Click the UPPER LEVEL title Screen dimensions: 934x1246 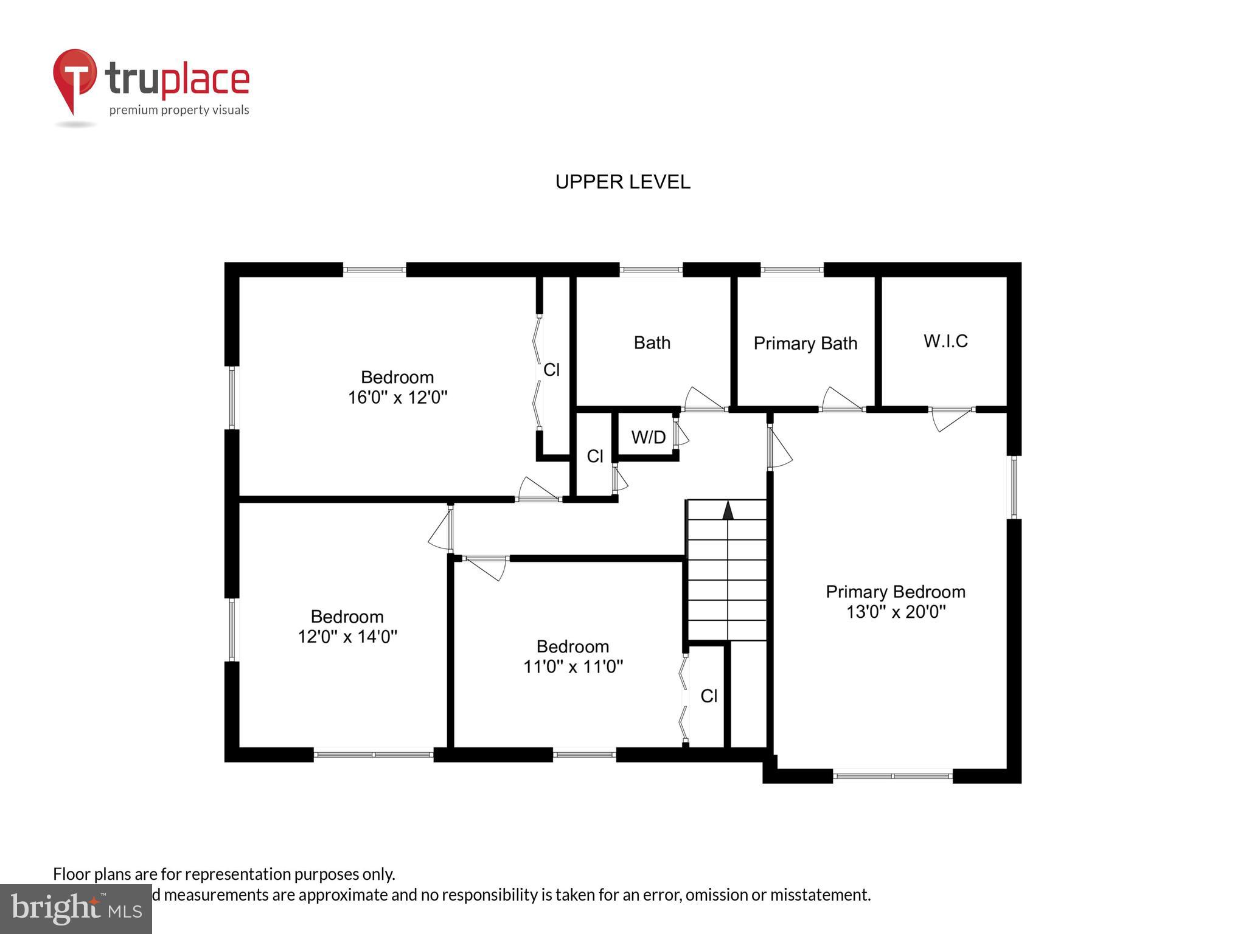[622, 182]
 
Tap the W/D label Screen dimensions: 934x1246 [649, 437]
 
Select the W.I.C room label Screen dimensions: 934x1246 [945, 341]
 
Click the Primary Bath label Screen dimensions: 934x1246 [805, 344]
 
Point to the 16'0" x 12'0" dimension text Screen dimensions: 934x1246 [397, 398]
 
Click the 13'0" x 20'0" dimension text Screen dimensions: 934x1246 [896, 612]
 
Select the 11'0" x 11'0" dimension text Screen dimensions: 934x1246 [573, 667]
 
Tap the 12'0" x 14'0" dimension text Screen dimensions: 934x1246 [347, 637]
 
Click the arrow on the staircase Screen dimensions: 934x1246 [728, 510]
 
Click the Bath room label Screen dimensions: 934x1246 [652, 343]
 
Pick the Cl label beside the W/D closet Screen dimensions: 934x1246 [594, 456]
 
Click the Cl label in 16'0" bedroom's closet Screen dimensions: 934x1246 [551, 370]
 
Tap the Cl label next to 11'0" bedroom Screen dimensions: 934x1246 [709, 696]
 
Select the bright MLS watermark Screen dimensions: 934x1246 [75, 908]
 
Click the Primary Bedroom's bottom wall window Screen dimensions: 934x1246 [892, 776]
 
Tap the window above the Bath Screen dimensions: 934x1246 [651, 269]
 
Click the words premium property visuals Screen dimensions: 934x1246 [179, 110]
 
